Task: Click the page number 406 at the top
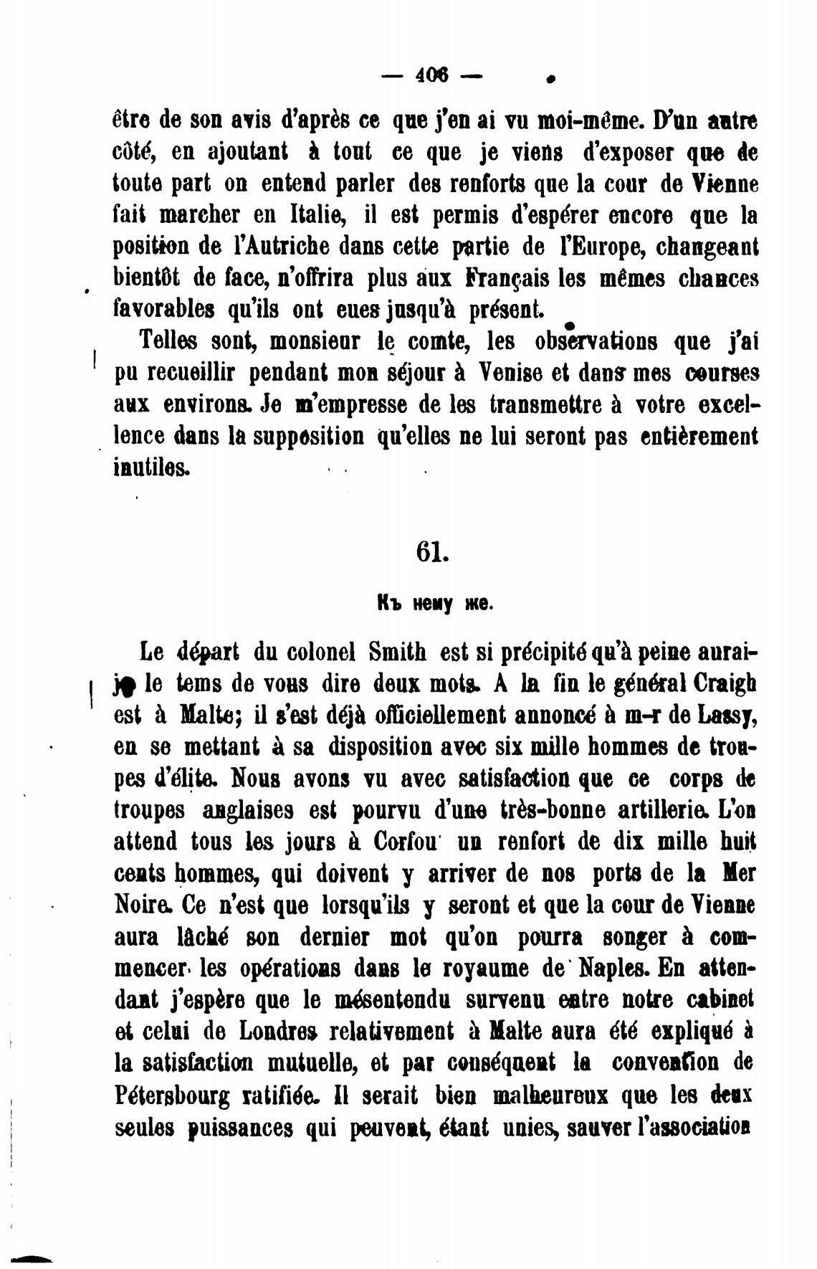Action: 431,74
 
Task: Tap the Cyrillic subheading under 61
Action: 434,604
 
